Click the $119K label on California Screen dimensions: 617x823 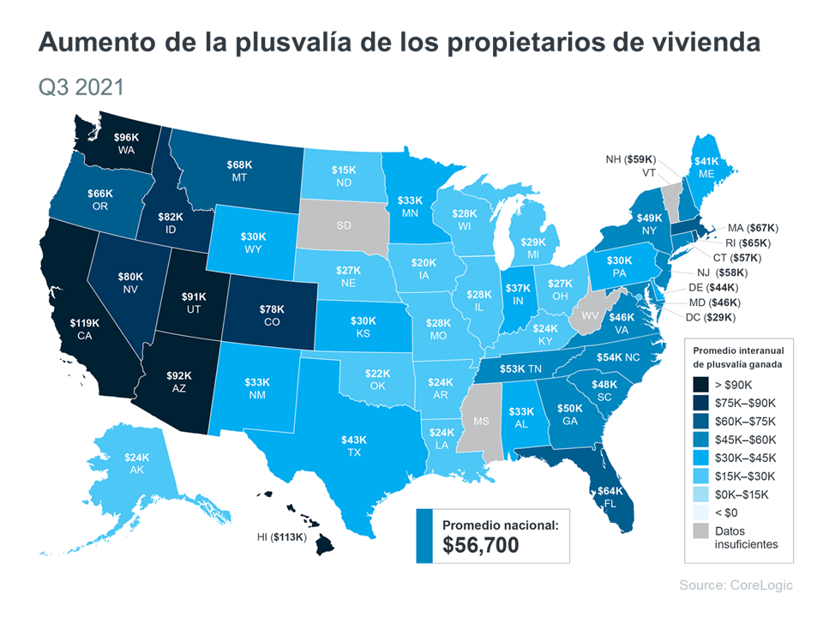85,323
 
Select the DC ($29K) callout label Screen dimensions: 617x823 715,318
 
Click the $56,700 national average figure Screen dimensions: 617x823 481,544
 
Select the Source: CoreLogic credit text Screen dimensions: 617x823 736,584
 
